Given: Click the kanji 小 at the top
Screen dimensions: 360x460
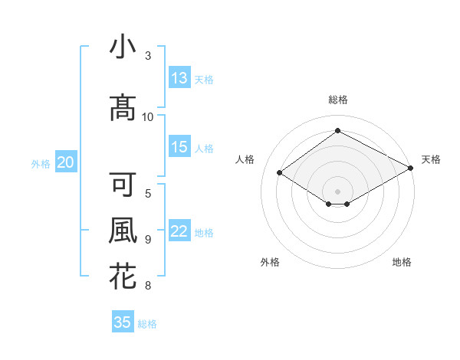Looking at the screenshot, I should pos(123,47).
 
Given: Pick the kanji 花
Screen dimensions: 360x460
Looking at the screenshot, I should pos(123,276).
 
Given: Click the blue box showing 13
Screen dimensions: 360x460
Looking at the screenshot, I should pos(179,78).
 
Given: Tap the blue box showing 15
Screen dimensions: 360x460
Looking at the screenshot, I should pos(179,147).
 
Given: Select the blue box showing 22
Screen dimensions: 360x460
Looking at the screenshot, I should pos(179,231).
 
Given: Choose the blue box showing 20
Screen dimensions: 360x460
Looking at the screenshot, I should pos(66,162).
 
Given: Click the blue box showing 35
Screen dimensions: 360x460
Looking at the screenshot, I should pos(123,322).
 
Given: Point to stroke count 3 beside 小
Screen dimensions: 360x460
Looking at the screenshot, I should pos(148,56).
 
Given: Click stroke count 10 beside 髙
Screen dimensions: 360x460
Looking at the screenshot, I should pos(148,116).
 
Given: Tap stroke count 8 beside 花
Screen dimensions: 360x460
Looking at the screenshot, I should pos(148,286).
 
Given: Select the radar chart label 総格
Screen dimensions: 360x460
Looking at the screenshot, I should pos(337,100).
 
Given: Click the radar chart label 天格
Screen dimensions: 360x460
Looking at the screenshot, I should pos(431,159).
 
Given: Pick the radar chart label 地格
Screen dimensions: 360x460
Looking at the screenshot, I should pos(402,262).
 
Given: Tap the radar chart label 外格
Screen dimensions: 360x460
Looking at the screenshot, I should pos(270,262).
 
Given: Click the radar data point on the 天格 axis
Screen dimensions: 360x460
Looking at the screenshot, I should pos(411,169).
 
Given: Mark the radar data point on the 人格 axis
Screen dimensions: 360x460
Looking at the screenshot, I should pos(280,173).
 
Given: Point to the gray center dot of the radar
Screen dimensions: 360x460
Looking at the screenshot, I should pos(337,190).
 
